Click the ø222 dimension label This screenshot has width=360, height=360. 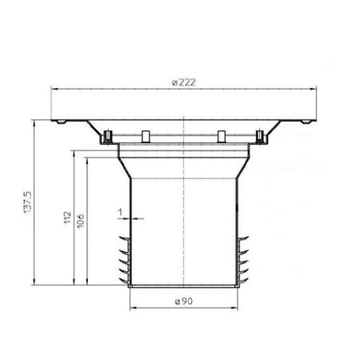point(183,82)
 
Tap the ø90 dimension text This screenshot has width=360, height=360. point(183,302)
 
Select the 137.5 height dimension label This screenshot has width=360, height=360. point(28,202)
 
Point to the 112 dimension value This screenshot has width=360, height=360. point(67,218)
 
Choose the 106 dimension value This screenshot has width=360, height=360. point(80,221)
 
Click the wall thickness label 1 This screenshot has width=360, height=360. point(120,213)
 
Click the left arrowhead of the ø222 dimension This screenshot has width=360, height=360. point(54,90)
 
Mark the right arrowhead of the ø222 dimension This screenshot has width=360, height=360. point(314,90)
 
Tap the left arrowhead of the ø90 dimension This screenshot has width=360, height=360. point(133,308)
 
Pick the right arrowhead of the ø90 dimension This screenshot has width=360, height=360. point(234,308)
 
